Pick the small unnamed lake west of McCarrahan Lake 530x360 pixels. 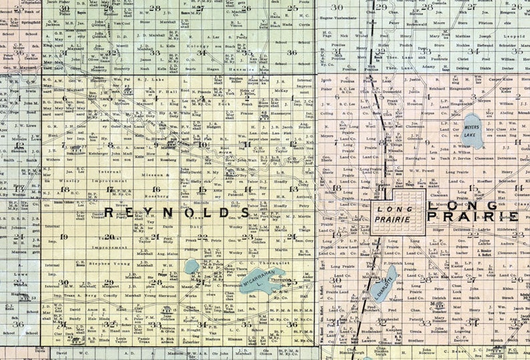point(192,266)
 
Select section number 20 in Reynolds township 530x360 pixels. point(109,236)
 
